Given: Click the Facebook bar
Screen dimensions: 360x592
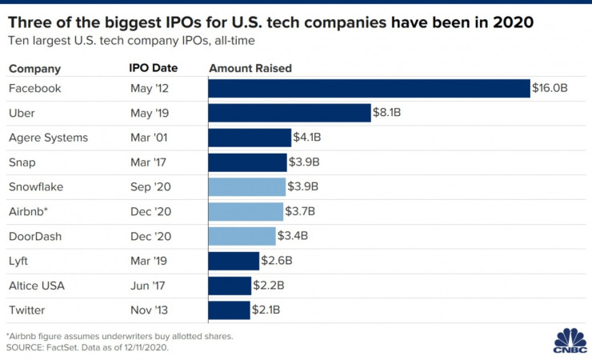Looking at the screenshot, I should pos(369,89).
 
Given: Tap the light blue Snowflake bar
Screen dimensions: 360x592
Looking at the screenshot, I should pos(246,187).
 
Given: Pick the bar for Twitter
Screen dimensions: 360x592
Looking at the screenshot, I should pos(229,310).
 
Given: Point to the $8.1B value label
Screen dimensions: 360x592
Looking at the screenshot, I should pos(387,114).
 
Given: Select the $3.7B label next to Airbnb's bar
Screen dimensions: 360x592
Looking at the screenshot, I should pos(300,211).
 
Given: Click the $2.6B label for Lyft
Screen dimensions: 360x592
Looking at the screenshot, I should pos(276,261).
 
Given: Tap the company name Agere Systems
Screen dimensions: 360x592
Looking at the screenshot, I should pos(48,138).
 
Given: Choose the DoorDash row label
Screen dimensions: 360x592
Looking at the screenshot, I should pos(35,236).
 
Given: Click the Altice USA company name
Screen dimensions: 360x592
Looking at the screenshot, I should pos(36,286).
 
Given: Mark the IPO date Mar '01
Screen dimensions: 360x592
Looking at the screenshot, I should pos(149,138).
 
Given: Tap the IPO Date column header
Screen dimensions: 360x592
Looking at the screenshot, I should pos(153,69).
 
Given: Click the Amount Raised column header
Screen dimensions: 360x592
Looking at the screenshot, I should pos(250,69).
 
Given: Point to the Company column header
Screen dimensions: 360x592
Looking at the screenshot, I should pos(34,69).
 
